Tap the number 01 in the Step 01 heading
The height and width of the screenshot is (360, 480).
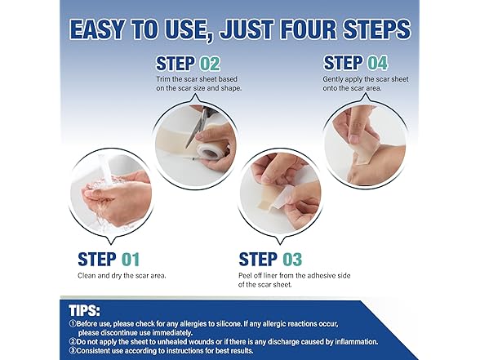131,260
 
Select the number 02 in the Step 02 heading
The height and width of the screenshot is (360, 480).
210,64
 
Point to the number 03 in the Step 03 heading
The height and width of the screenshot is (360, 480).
292,260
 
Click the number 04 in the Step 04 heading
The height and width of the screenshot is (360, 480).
377,63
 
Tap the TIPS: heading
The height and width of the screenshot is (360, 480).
85,311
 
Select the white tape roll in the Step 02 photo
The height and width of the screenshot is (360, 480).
207,151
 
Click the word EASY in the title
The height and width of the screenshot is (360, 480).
97,29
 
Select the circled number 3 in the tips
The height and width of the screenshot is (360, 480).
73,351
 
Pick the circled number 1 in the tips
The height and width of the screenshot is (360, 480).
73,324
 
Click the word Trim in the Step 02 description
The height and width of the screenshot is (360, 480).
163,79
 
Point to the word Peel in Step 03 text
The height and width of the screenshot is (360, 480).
245,276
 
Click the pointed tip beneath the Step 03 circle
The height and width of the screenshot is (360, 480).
280,244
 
